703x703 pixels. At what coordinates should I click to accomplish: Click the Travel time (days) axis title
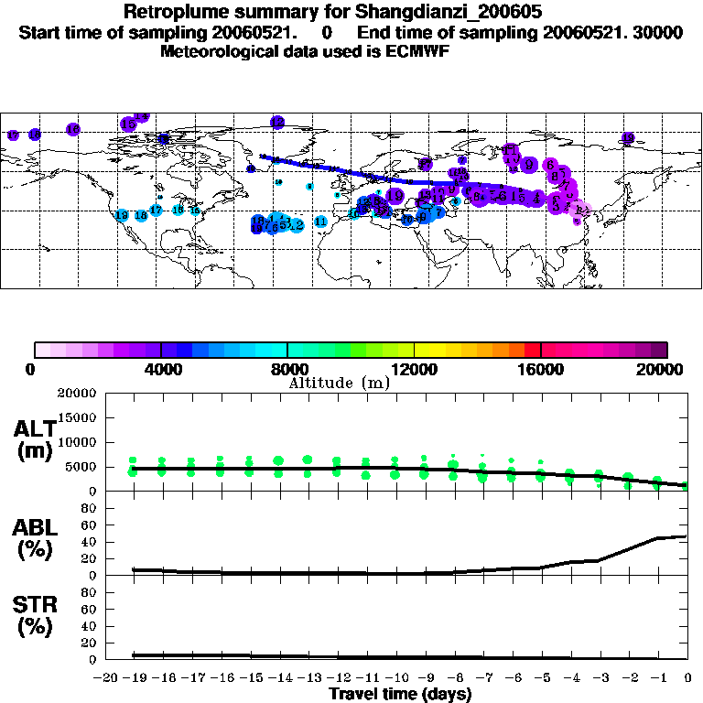(x=400, y=695)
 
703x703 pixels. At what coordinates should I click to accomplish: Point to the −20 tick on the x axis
(x=107, y=677)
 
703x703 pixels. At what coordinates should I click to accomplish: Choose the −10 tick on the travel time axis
(x=397, y=677)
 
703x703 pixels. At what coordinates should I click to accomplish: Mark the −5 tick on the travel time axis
(x=543, y=677)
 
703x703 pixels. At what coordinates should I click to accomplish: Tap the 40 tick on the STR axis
(x=90, y=626)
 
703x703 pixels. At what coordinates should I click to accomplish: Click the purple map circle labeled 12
(x=277, y=122)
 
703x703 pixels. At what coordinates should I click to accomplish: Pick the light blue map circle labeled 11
(x=320, y=222)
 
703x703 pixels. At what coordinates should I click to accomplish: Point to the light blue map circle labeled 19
(x=122, y=216)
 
